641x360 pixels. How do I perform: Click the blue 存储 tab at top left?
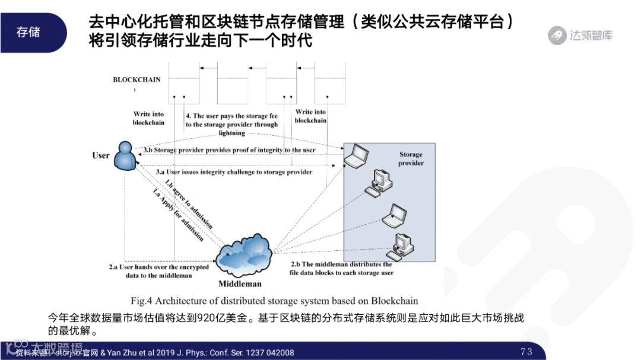[28, 32]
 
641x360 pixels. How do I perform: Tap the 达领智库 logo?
[580, 35]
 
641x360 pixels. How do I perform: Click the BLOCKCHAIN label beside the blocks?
[137, 79]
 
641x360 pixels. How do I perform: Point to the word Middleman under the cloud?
[240, 284]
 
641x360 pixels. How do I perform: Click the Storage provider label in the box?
[411, 159]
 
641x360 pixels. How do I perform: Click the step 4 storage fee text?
[231, 125]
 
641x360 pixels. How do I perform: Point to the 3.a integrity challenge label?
[234, 172]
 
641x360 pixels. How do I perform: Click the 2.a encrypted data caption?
[159, 271]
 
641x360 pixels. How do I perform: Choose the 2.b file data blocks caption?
[341, 268]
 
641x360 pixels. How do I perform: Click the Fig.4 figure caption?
[274, 300]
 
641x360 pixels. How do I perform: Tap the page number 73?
[526, 351]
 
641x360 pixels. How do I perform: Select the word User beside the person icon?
[101, 155]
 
